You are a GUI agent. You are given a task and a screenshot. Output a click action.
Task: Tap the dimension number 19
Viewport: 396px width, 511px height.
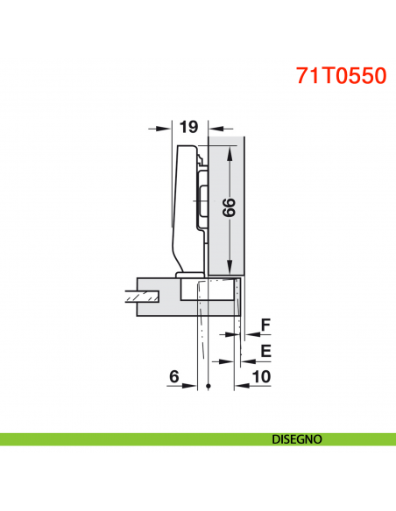point(187,127)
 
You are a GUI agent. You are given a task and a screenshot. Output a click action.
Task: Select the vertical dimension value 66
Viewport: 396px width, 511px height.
point(228,208)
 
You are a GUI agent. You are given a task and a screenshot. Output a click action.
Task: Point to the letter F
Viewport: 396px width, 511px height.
point(266,325)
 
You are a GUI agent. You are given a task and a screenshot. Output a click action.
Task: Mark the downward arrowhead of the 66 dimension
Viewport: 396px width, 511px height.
point(229,268)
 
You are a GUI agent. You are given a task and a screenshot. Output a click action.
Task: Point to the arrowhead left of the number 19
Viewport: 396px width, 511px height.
point(163,128)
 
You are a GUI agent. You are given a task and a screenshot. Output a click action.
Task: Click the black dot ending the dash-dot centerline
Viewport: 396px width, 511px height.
point(209,387)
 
